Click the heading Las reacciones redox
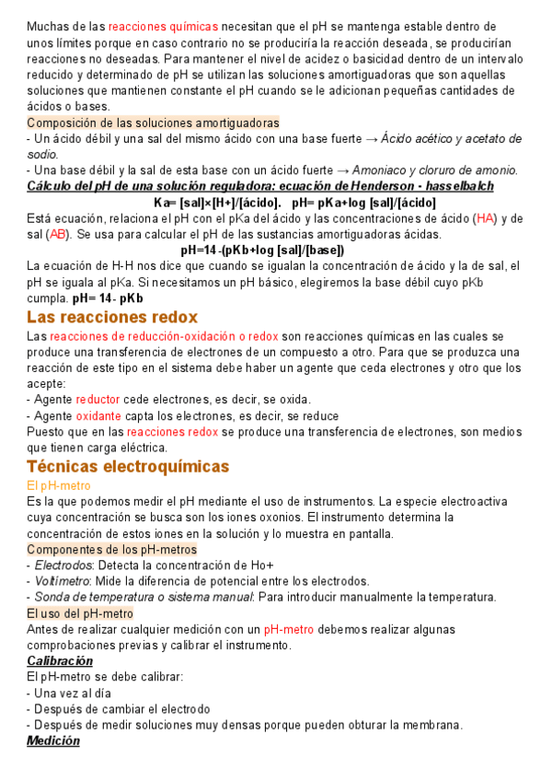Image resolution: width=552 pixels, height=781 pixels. (x=112, y=318)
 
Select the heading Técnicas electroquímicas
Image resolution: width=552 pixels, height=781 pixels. (x=128, y=466)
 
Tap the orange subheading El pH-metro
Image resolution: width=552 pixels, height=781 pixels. (x=59, y=484)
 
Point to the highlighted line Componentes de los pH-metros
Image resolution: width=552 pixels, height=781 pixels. (x=111, y=549)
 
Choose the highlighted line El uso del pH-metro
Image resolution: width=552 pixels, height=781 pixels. (x=80, y=612)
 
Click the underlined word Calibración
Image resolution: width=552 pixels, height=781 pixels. (x=60, y=661)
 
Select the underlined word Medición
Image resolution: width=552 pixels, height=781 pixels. (x=53, y=740)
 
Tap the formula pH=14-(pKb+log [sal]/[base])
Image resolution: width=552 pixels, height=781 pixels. (x=263, y=250)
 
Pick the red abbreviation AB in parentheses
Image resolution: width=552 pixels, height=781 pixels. (x=59, y=234)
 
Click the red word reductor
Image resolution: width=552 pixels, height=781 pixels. (x=98, y=400)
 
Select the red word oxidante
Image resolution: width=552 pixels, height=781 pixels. (x=98, y=415)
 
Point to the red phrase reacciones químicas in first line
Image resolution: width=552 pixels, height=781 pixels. (x=163, y=27)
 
